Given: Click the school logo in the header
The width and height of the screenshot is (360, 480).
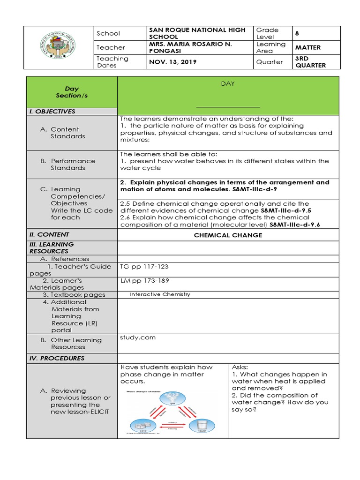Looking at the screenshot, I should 59,47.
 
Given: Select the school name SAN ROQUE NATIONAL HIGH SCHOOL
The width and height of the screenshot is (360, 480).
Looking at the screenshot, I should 196,33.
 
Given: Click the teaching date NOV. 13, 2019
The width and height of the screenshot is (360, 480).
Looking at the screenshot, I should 173,62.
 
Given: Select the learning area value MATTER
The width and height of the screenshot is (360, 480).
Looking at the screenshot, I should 308,47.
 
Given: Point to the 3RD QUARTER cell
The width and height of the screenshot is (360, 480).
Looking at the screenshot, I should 309,62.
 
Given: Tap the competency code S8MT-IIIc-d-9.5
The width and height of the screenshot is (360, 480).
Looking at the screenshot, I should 285,210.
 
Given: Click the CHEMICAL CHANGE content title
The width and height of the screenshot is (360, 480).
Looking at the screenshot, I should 228,235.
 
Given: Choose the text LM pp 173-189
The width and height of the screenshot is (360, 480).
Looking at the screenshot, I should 145,280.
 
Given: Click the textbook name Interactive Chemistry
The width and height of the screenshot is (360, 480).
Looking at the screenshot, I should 160,294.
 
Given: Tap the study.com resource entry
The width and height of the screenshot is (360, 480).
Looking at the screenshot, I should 138,337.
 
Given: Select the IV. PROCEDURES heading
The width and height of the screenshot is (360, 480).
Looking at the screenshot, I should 56,358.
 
